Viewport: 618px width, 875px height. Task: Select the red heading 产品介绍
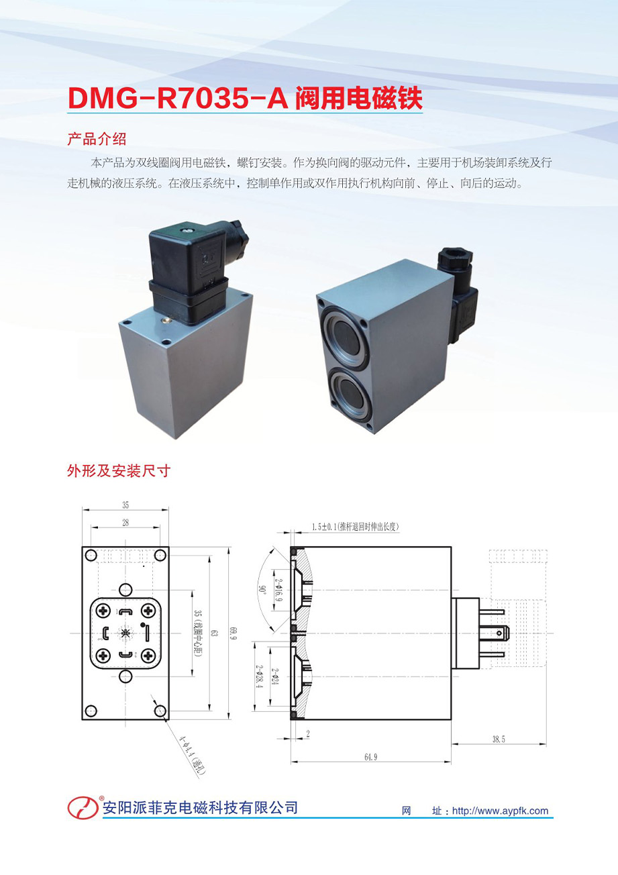97,139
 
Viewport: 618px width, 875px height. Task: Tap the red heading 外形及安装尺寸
119,471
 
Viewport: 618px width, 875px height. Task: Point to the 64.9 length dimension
370,757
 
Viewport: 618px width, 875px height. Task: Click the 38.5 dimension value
499,739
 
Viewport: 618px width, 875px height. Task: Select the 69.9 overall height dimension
234,632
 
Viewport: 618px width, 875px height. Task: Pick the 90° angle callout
260,589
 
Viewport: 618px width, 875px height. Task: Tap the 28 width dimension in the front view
125,523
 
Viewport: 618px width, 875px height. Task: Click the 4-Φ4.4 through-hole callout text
192,756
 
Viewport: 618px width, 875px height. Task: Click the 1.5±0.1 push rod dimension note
355,527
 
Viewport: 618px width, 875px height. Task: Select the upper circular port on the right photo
344,337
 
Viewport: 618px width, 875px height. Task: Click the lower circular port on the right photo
350,395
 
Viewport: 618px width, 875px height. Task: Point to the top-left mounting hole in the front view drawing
91,555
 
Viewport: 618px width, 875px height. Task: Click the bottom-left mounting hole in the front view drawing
91,711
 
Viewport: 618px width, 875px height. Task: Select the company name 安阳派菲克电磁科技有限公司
200,808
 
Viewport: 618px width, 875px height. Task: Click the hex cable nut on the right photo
455,257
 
